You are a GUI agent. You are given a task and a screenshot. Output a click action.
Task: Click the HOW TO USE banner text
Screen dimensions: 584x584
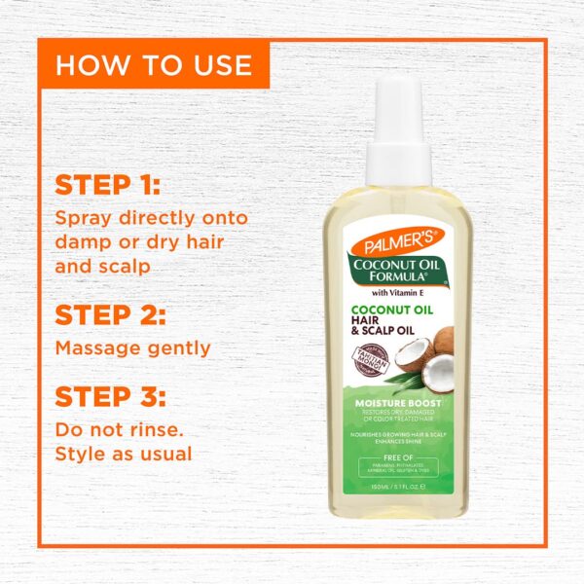(154, 65)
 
